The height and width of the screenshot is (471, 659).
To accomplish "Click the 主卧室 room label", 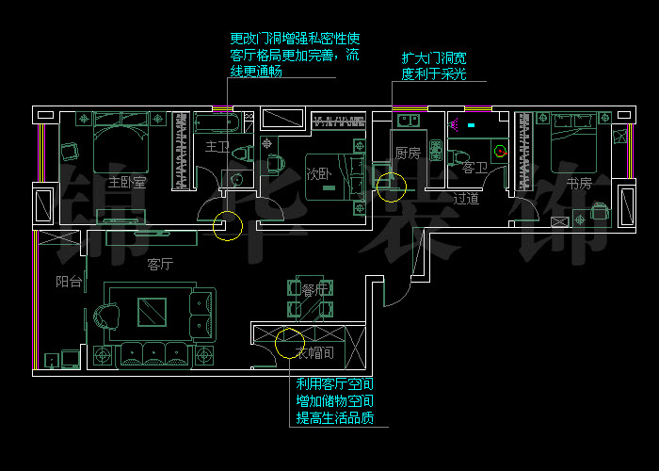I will [x=127, y=182].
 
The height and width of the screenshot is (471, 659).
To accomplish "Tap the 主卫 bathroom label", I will [x=217, y=148].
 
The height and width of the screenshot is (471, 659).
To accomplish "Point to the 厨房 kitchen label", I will [x=408, y=153].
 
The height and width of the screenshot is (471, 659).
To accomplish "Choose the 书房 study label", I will [x=579, y=183].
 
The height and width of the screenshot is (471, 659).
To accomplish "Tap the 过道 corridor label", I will [x=466, y=199].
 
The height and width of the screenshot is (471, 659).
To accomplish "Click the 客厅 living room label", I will [x=160, y=265].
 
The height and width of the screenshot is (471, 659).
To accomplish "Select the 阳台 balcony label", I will [x=68, y=281].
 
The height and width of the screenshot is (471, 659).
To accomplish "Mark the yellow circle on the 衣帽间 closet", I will [x=288, y=345].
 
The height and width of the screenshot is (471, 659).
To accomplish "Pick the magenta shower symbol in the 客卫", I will [x=456, y=122].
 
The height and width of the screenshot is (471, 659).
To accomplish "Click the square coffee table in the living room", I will [x=150, y=312].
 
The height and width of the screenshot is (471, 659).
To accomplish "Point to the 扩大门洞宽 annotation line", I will [x=393, y=94].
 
